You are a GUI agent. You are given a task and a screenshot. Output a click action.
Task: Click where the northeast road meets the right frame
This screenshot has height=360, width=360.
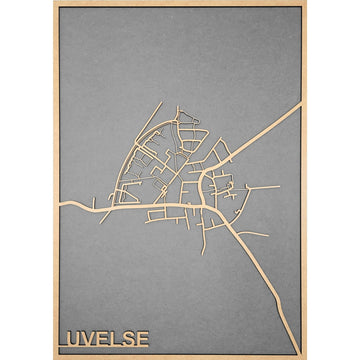[299, 104]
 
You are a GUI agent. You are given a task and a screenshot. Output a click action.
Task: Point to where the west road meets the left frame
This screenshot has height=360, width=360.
[61, 204]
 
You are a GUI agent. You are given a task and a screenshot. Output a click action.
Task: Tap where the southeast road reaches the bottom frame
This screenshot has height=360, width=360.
[291, 351]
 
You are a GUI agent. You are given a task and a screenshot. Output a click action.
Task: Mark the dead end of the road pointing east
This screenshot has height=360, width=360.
[279, 186]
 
